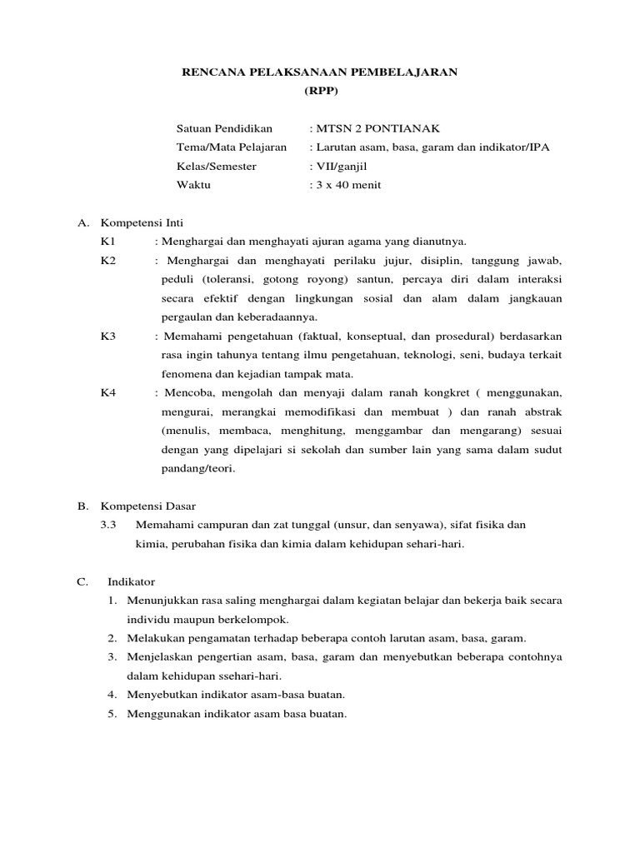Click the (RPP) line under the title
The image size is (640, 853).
320,90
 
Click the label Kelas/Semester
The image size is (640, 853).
217,166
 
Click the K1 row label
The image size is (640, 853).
107,241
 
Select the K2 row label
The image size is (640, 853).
107,260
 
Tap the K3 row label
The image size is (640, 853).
107,336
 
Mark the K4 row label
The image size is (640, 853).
107,392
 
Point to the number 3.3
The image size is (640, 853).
108,525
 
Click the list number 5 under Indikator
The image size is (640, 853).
112,714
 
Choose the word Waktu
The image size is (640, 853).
193,185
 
